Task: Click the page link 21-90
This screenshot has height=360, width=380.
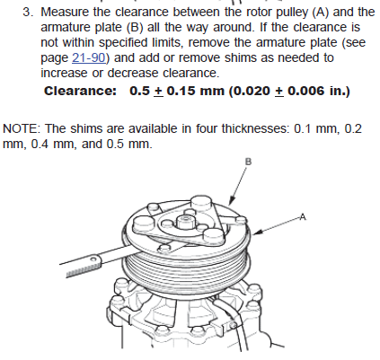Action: click(x=89, y=57)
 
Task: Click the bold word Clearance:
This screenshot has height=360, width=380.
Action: click(x=80, y=91)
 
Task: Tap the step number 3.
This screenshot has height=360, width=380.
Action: click(x=28, y=13)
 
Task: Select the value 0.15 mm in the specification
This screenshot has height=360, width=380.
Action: click(x=195, y=91)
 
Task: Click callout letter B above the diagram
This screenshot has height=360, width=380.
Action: click(x=249, y=162)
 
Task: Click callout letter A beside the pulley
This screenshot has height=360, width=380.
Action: click(x=303, y=216)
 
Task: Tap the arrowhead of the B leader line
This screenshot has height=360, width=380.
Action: click(x=232, y=201)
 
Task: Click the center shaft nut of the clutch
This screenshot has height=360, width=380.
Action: click(x=184, y=221)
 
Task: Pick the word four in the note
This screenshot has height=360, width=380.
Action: click(x=208, y=128)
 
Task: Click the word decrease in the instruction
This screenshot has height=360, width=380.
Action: click(x=133, y=73)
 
